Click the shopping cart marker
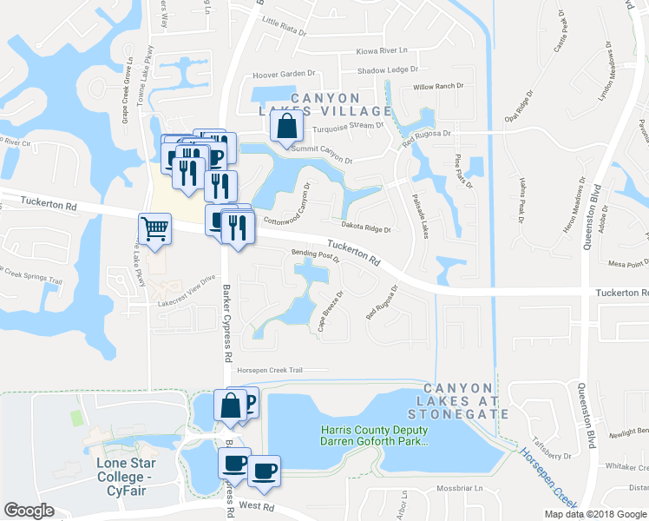(x=154, y=229)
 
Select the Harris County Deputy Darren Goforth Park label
(x=375, y=435)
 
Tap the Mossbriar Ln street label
(x=460, y=488)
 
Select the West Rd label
(x=256, y=505)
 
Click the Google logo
(x=29, y=511)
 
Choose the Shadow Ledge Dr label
(x=388, y=69)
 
